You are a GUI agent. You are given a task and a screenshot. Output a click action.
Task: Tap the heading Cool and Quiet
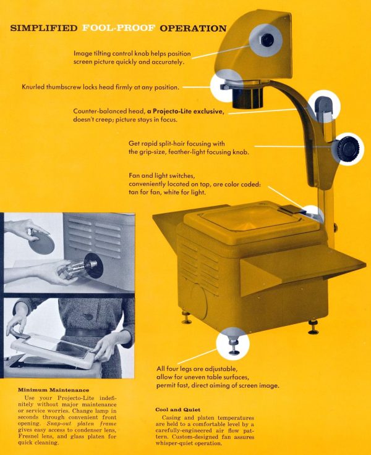(x=179, y=409)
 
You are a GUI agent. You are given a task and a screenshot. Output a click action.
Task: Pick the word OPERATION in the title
(x=193, y=28)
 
